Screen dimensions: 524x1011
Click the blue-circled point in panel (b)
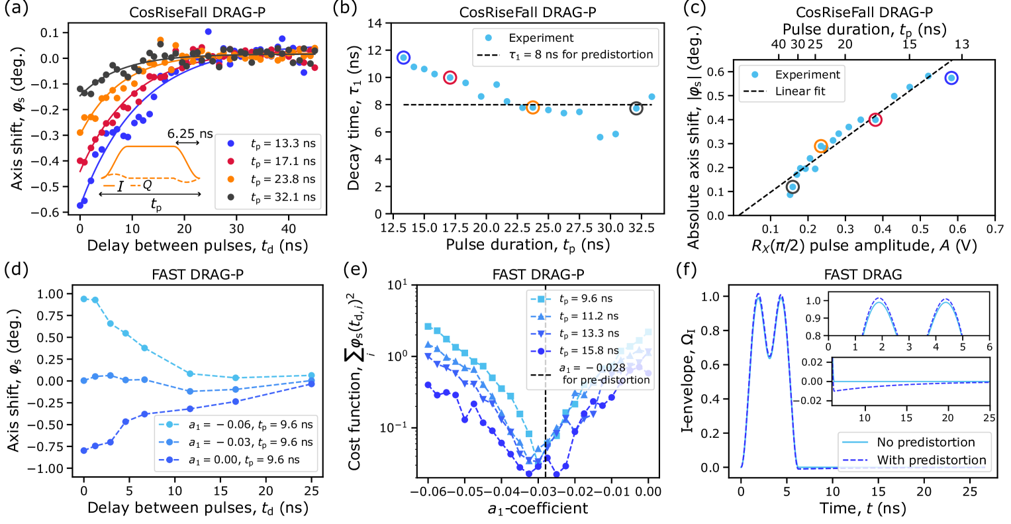(403, 58)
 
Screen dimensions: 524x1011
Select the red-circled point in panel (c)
(875, 120)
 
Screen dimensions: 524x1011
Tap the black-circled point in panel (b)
(636, 108)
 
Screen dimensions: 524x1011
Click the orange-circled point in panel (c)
(821, 146)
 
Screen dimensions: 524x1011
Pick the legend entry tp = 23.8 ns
(283, 179)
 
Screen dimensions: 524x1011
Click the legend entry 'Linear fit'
(800, 91)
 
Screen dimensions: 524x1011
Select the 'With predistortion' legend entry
(931, 460)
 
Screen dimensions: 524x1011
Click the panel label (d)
(15, 270)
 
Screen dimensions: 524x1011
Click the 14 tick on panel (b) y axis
(375, 23)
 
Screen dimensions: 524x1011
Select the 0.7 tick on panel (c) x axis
(994, 229)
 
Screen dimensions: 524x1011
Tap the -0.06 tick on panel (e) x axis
(428, 491)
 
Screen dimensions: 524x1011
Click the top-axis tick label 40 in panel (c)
(779, 44)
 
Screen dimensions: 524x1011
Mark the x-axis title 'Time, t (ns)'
(863, 508)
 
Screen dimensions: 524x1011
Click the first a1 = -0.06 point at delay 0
(84, 299)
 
